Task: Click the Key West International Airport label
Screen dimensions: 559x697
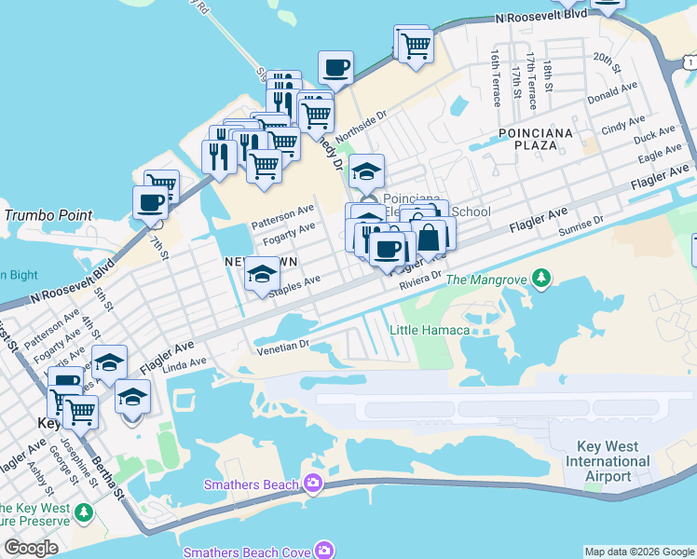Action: click(608, 461)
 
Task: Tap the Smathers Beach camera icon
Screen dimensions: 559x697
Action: click(313, 484)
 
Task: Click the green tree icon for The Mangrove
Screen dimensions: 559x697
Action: click(540, 279)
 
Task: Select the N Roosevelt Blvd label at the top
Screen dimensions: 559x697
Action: click(541, 17)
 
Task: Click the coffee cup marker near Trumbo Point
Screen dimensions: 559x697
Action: click(150, 201)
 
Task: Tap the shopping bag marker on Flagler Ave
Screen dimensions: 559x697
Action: click(430, 238)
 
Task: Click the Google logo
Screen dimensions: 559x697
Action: click(31, 548)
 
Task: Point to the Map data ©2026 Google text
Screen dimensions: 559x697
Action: click(639, 552)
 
